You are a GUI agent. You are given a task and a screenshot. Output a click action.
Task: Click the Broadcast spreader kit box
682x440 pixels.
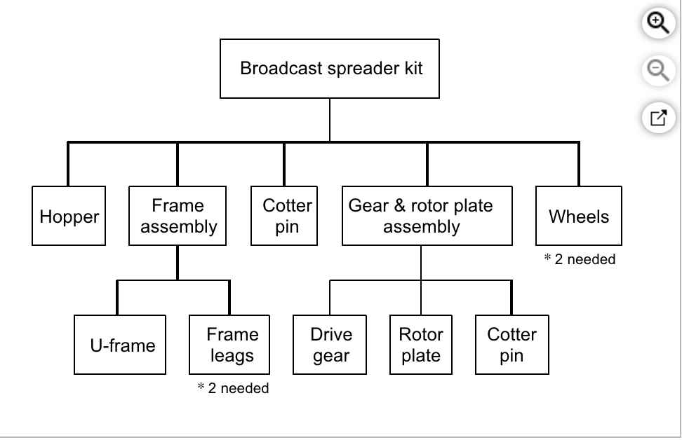pyautogui.click(x=330, y=69)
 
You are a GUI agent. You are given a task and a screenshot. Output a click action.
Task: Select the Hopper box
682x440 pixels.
pyautogui.click(x=69, y=216)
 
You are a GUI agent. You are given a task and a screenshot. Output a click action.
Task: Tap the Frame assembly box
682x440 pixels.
pyautogui.click(x=178, y=216)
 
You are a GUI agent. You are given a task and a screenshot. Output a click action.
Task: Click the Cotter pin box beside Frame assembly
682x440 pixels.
pyautogui.click(x=285, y=216)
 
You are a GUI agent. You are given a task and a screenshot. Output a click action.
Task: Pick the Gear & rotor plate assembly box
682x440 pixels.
pyautogui.click(x=427, y=216)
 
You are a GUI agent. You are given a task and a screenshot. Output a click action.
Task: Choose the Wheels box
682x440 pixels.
pyautogui.click(x=578, y=216)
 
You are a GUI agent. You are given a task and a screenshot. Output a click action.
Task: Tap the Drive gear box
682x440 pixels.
pyautogui.click(x=331, y=345)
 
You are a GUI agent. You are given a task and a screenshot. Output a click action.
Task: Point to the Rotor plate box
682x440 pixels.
pyautogui.click(x=421, y=345)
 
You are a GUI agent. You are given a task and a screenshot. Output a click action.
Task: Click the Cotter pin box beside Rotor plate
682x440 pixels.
pyautogui.click(x=511, y=345)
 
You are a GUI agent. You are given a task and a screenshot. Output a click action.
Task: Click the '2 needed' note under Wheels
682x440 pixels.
pyautogui.click(x=580, y=259)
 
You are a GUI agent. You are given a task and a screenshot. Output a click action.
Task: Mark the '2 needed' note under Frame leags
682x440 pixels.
pyautogui.click(x=234, y=388)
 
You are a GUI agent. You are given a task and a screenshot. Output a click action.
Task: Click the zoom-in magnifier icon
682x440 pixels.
pyautogui.click(x=657, y=23)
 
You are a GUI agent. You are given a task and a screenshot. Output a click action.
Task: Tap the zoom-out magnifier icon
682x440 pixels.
pyautogui.click(x=657, y=70)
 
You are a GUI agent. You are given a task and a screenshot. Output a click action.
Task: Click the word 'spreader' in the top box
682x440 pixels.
pyautogui.click(x=351, y=69)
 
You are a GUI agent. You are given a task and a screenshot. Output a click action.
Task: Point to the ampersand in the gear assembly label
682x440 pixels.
pyautogui.click(x=399, y=206)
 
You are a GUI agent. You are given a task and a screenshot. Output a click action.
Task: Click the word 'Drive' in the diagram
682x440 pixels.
pyautogui.click(x=331, y=334)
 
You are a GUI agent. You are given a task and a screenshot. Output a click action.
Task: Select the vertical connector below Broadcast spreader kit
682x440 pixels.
pyautogui.click(x=330, y=120)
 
